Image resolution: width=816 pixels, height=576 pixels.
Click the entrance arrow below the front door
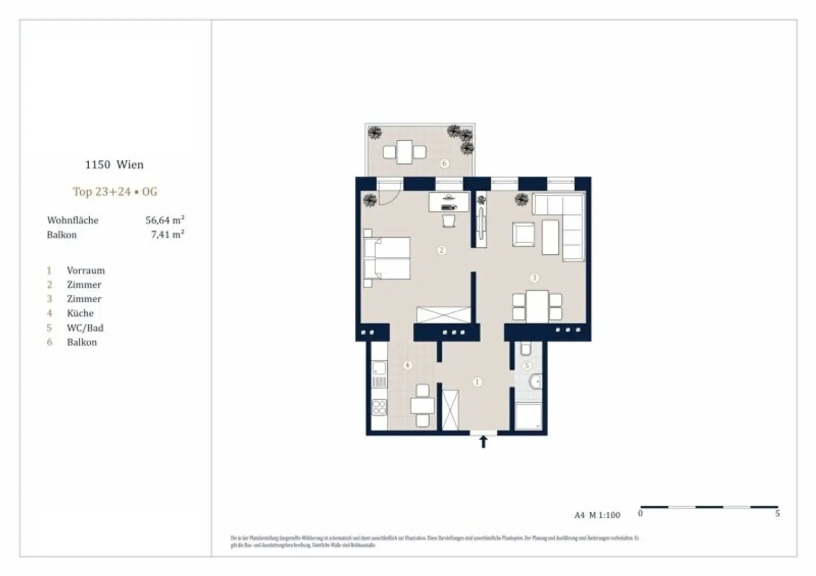[x=483, y=442]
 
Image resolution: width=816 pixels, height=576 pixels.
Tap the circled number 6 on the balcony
[x=445, y=164]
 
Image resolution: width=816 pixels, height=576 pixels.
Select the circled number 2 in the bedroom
[x=441, y=250]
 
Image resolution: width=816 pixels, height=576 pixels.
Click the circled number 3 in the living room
[x=534, y=278]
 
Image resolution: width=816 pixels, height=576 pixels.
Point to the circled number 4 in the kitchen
[x=407, y=365]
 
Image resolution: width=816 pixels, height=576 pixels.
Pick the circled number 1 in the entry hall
[x=477, y=382]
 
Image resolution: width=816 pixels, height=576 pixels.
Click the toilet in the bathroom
[x=526, y=349]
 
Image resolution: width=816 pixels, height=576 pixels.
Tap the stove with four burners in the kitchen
[x=379, y=407]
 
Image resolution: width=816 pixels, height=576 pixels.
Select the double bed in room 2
[x=386, y=258]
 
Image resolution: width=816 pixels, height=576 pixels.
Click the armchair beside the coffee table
[x=523, y=234]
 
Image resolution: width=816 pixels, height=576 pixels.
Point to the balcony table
[x=405, y=152]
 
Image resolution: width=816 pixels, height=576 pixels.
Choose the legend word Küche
[x=80, y=313]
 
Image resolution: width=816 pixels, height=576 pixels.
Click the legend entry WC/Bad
[x=85, y=328]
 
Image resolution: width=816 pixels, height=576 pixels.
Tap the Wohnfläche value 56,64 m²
[x=165, y=220]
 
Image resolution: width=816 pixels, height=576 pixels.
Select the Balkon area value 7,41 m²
[x=167, y=234]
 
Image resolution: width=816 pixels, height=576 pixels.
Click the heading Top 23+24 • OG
[x=115, y=192]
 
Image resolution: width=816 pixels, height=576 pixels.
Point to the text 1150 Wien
[x=114, y=165]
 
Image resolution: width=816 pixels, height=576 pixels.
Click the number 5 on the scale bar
[x=777, y=514]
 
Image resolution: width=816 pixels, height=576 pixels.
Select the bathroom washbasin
[x=535, y=381]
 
